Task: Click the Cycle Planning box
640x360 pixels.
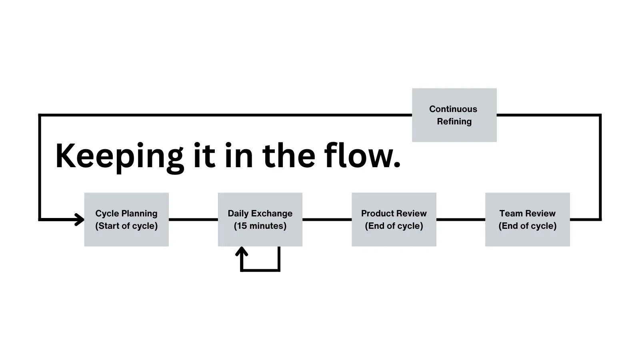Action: [x=126, y=220]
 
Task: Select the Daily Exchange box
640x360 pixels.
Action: [x=260, y=220]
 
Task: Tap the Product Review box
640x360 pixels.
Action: [x=394, y=220]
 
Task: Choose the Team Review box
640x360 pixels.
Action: [x=527, y=220]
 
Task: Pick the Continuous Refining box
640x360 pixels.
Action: [x=454, y=115]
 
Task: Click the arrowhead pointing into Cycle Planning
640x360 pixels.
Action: [x=80, y=220]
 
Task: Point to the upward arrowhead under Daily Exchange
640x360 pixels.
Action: [x=242, y=252]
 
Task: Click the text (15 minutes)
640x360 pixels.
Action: [x=260, y=226]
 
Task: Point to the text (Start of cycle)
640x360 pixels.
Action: [x=126, y=226]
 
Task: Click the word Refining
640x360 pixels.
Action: [x=454, y=122]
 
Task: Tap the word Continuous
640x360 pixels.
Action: [x=453, y=109]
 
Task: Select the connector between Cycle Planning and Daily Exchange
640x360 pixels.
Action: [x=193, y=220]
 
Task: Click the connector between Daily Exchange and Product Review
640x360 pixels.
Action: [x=327, y=220]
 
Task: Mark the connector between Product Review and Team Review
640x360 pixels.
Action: [x=460, y=220]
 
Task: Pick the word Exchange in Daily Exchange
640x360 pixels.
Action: [x=272, y=214]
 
